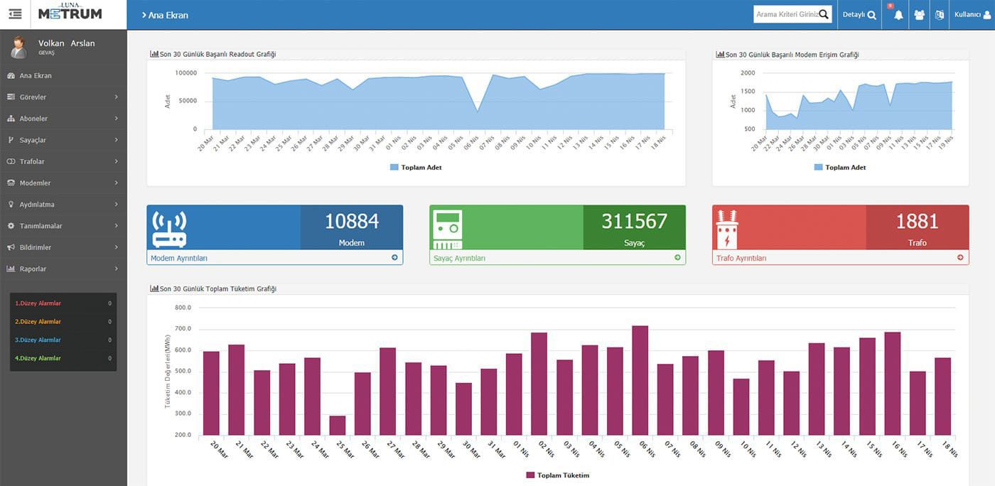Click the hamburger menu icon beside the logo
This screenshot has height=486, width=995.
(15, 14)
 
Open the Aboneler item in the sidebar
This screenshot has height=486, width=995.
(33, 119)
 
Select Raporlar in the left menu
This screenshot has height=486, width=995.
(33, 269)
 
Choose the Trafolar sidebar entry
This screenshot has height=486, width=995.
(32, 161)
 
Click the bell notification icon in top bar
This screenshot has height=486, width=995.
(898, 15)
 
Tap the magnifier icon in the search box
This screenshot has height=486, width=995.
(824, 14)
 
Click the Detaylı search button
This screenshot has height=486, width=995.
(859, 14)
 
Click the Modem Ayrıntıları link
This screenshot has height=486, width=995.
(179, 258)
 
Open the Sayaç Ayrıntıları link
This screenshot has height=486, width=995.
(459, 258)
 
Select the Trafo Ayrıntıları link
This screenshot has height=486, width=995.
(741, 258)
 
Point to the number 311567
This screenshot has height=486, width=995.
(634, 222)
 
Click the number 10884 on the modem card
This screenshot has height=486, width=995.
(352, 222)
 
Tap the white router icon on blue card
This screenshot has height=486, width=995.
(169, 229)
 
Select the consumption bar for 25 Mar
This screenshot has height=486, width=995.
(338, 425)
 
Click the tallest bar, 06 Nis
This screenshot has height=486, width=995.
(640, 380)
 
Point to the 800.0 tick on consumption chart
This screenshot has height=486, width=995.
(183, 308)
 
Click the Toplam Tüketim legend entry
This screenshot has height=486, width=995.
(558, 475)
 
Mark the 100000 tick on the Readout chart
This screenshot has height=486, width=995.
(185, 72)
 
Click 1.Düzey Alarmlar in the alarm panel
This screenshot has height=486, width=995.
(38, 303)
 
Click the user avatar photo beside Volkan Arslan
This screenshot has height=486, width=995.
(18, 47)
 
